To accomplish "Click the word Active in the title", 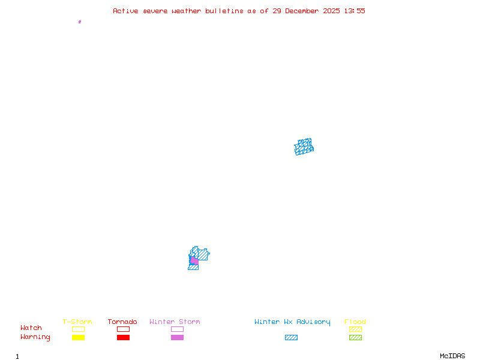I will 125,11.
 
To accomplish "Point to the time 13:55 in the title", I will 354,11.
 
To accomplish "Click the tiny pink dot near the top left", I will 80,22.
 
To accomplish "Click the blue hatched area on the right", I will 304,147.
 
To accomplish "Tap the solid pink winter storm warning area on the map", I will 194,261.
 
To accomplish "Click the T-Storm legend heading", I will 77,322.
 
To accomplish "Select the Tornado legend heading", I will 122,322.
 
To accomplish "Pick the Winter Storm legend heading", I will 175,322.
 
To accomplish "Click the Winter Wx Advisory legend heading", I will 292,322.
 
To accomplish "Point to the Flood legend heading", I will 355,322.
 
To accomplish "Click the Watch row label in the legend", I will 31,328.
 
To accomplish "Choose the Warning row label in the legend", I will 35,337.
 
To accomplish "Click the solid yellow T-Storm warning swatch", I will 78,338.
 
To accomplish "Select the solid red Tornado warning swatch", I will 123,338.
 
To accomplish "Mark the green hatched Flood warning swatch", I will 355,338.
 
